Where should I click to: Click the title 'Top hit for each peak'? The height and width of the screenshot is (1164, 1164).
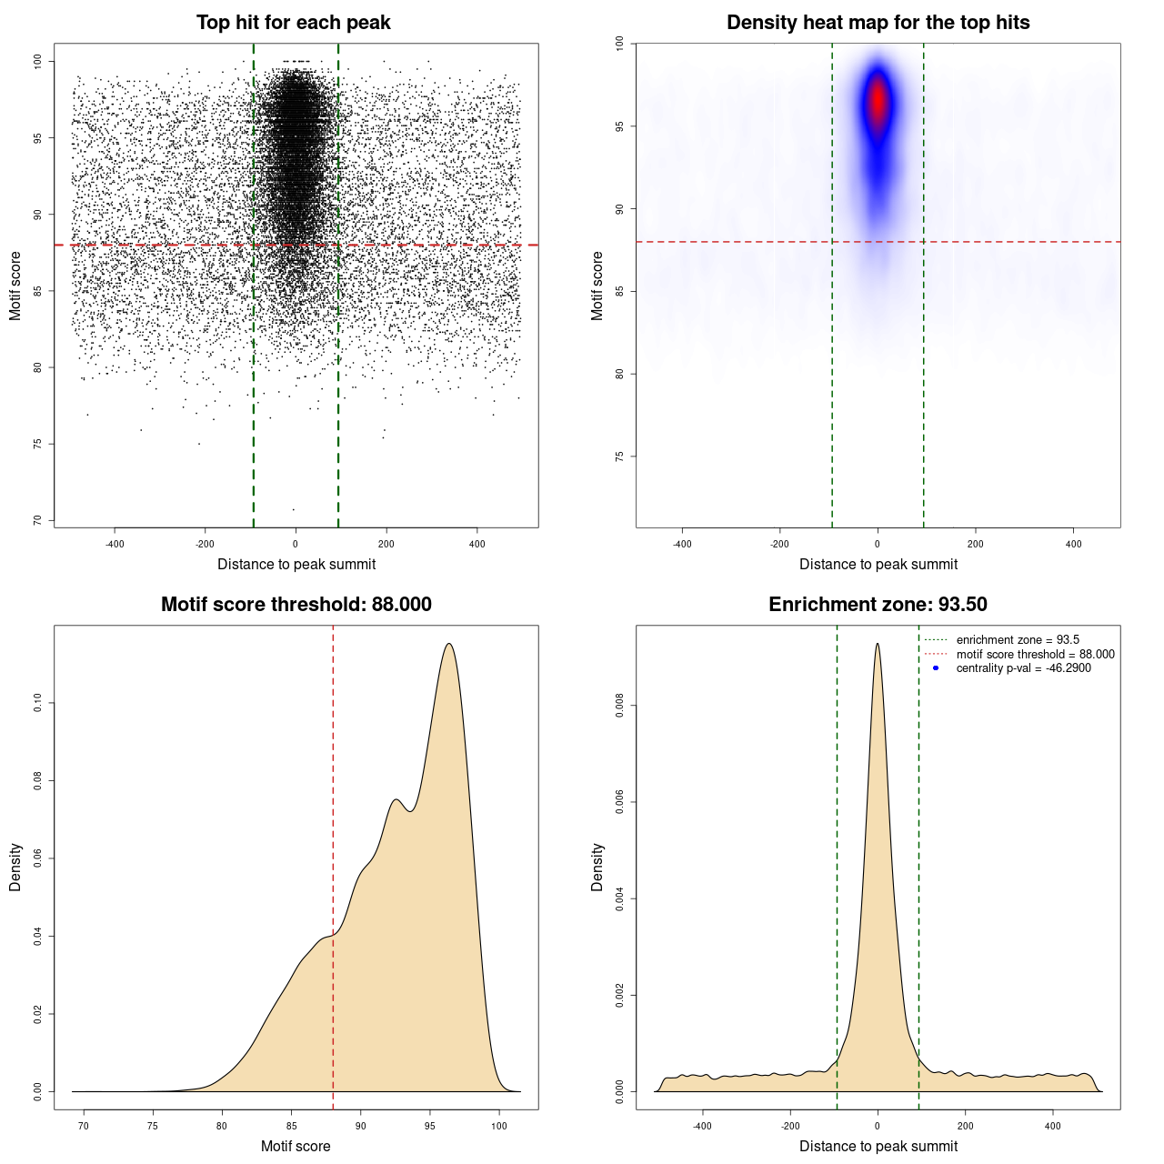tap(293, 23)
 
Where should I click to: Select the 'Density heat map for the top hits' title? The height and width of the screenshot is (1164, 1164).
tap(878, 23)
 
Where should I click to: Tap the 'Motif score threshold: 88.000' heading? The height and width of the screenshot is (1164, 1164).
tap(296, 605)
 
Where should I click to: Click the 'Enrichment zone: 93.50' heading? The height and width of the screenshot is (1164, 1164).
tap(878, 605)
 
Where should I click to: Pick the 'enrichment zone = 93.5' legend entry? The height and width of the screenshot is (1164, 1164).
tap(1017, 640)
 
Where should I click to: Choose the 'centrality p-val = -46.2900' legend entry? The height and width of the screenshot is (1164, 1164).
tap(1023, 668)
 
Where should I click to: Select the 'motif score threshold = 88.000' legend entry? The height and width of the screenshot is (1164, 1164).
tap(1035, 655)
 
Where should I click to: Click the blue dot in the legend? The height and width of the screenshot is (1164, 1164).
tap(936, 668)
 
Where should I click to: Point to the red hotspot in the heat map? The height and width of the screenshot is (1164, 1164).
tap(878, 100)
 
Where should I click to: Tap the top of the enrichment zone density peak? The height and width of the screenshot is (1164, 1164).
tap(878, 645)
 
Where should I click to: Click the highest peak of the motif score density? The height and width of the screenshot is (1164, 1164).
tap(449, 645)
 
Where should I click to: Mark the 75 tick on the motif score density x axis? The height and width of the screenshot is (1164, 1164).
tap(153, 1126)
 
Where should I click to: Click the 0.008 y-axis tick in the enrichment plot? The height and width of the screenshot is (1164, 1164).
tap(619, 706)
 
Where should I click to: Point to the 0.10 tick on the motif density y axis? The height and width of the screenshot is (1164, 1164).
tap(37, 703)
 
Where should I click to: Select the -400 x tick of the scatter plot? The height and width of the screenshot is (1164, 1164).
tap(115, 544)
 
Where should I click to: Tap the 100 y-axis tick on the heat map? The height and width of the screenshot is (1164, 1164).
tap(619, 44)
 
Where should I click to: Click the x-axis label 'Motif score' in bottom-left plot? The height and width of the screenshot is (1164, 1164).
tap(296, 1146)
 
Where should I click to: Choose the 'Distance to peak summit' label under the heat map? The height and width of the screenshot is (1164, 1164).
tap(878, 564)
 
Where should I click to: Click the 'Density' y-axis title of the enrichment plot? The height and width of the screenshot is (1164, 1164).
tap(597, 867)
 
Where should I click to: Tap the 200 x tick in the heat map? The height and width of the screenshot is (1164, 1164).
tap(976, 544)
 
